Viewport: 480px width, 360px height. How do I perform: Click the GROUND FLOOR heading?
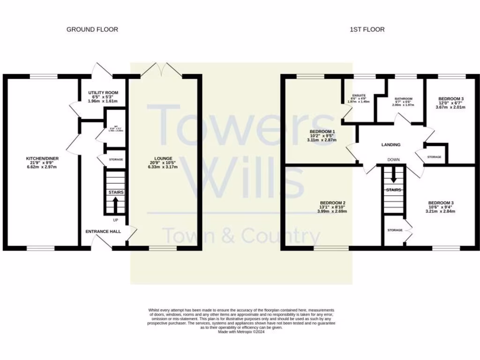point(92,30)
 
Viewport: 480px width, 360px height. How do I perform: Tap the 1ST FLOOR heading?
point(367,30)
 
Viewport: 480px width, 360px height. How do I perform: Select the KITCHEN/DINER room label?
point(42,158)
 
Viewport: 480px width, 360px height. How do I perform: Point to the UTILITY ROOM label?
point(103,93)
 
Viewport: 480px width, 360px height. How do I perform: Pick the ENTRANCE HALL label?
point(103,232)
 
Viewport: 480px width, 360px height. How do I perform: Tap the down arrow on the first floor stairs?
point(393,176)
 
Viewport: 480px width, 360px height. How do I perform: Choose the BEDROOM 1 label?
point(322,132)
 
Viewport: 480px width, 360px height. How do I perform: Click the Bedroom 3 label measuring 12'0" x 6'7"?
point(451,99)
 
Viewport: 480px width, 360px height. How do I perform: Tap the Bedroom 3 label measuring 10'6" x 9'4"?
point(441,203)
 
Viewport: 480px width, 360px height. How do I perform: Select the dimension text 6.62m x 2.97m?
point(42,167)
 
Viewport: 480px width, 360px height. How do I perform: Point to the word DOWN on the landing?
point(393,160)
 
